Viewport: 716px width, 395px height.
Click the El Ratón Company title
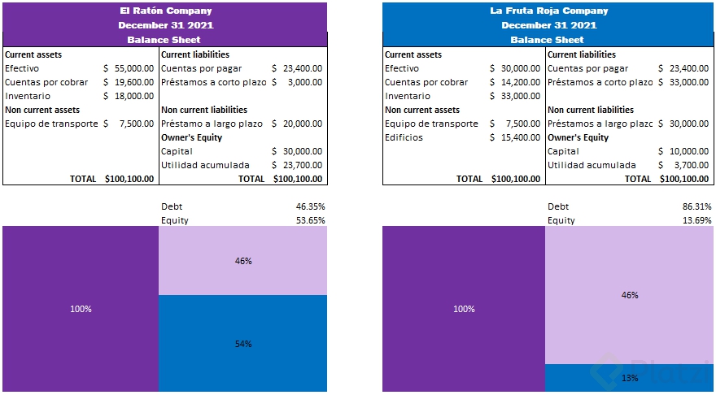(x=165, y=11)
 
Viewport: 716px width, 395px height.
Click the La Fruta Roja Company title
(x=548, y=11)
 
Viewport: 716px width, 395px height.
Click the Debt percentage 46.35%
(x=310, y=206)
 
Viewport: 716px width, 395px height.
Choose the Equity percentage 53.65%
(x=310, y=220)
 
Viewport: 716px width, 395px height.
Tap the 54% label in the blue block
(x=243, y=344)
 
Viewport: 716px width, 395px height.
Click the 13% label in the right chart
(x=630, y=378)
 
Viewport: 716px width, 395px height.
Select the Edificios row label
(x=404, y=137)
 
